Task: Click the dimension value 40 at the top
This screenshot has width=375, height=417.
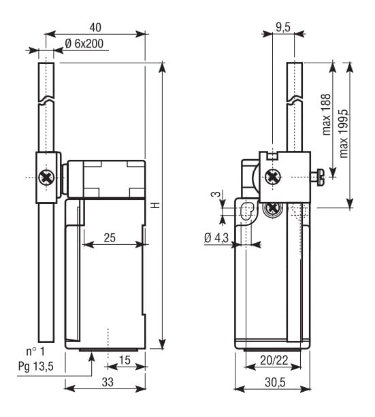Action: [x=95, y=28]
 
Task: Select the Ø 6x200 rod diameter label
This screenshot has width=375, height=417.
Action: [x=84, y=44]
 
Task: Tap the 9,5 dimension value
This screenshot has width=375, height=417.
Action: [x=283, y=27]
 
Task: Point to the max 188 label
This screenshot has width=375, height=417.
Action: [x=327, y=114]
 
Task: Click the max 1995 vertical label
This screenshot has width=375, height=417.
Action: [x=344, y=133]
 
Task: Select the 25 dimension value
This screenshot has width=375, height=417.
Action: [x=110, y=237]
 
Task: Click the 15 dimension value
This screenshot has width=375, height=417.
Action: [x=125, y=360]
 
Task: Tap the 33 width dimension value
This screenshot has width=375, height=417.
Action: [x=108, y=382]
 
